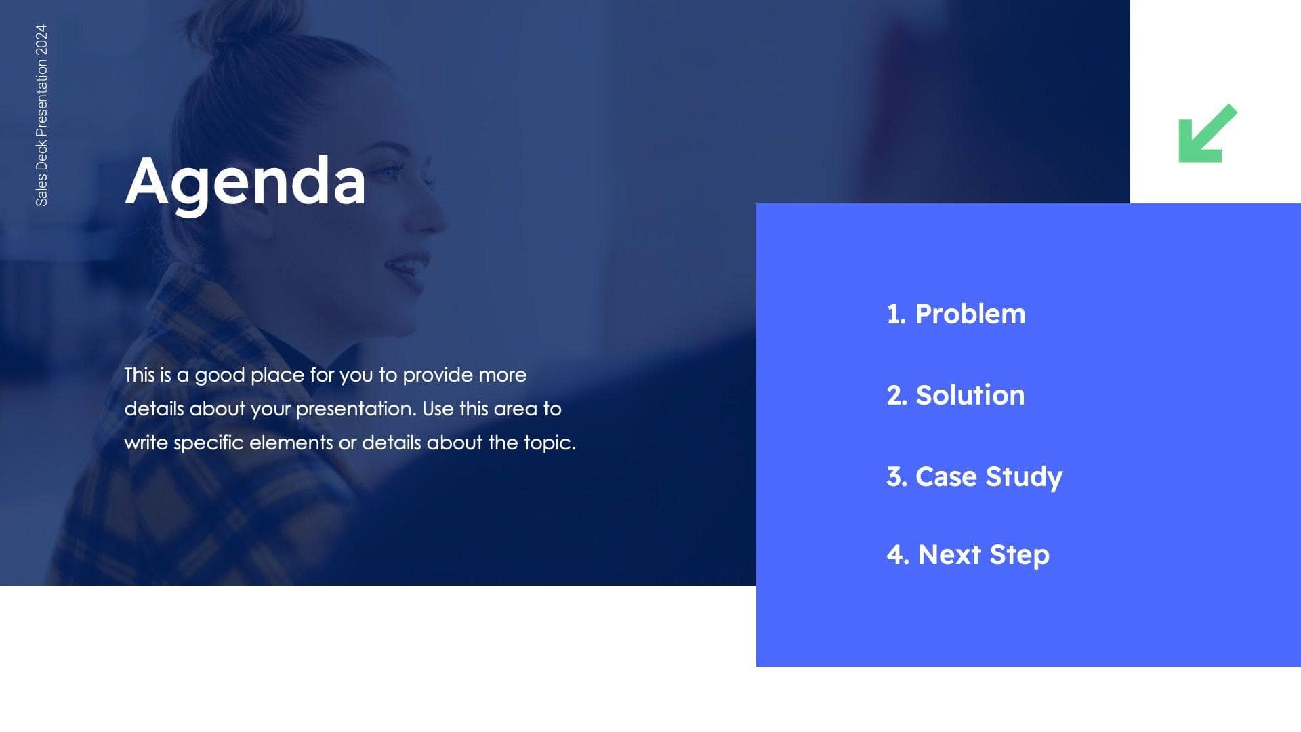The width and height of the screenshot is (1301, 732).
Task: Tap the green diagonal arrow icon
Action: (x=1207, y=134)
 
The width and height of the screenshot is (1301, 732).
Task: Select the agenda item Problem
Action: (x=970, y=314)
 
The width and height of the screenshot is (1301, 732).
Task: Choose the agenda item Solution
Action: (x=970, y=395)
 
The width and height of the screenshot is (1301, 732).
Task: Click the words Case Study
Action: (x=989, y=476)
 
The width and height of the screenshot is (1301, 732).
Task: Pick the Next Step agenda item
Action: (x=983, y=554)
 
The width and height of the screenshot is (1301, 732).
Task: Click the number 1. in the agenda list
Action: (x=896, y=314)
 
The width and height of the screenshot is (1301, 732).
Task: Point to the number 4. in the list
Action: (x=897, y=554)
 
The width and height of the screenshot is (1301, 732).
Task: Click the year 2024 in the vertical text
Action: (x=41, y=40)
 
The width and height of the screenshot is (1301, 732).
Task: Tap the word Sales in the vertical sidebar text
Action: (x=41, y=190)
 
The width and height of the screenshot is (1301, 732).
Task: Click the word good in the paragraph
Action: (x=220, y=375)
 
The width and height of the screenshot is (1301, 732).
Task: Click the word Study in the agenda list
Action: (x=1024, y=476)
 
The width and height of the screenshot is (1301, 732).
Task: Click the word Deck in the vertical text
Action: (x=41, y=155)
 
